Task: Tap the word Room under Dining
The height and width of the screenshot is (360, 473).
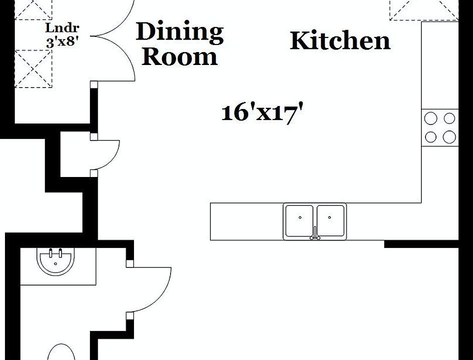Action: tap(179, 57)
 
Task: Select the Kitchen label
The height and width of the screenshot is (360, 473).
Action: tap(340, 40)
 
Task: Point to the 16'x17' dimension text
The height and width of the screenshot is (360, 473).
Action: tap(263, 112)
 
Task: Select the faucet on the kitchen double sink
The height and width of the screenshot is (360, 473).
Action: tap(315, 233)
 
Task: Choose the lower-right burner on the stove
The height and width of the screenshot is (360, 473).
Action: tap(449, 136)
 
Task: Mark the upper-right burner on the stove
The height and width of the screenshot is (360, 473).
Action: tap(449, 118)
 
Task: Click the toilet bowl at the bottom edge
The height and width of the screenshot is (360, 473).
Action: tap(63, 352)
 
